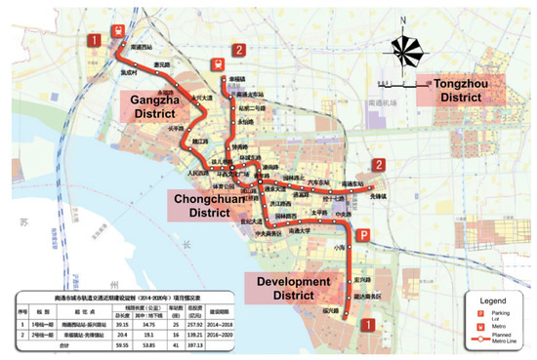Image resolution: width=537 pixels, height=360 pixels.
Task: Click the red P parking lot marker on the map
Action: click(x=366, y=235)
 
